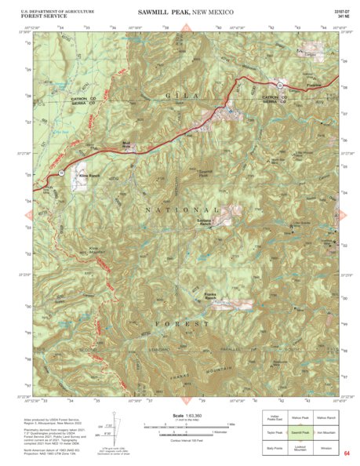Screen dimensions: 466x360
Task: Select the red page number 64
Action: coord(346,452)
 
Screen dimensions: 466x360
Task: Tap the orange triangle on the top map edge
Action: coord(187,30)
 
